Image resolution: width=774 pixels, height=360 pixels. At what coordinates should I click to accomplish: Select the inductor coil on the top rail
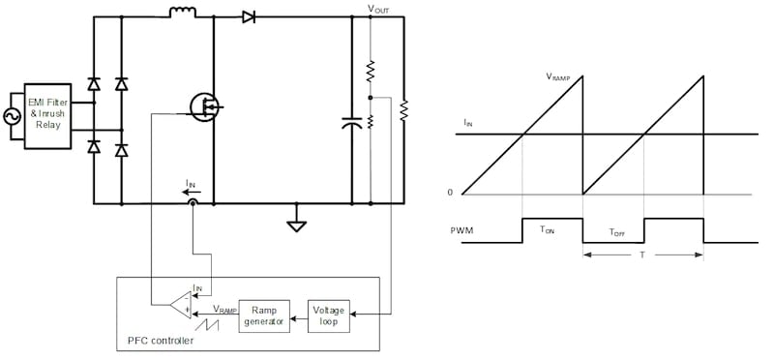[x=182, y=13]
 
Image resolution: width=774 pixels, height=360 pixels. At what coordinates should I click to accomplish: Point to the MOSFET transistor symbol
[x=206, y=105]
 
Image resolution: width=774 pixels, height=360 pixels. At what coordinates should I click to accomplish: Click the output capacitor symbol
[x=351, y=123]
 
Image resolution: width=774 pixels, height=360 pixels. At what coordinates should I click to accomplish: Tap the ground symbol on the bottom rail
[x=296, y=225]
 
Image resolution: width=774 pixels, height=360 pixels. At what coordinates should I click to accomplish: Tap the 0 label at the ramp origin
[x=450, y=193]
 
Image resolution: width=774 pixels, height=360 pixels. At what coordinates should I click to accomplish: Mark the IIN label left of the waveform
[x=468, y=124]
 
